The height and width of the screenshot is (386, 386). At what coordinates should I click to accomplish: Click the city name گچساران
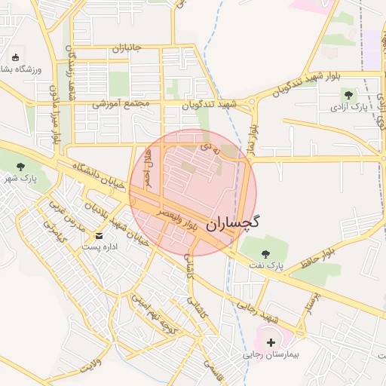[232, 222]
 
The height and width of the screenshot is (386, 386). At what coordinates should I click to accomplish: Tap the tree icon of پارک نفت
[265, 253]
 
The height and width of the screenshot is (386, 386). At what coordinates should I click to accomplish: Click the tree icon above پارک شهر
[20, 167]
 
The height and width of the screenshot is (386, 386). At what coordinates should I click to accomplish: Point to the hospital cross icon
[271, 342]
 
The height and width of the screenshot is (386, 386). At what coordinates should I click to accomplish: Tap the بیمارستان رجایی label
[271, 354]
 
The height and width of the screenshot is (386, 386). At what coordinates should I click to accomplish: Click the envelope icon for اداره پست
[100, 237]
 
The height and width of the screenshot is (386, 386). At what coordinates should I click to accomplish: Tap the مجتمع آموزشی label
[121, 103]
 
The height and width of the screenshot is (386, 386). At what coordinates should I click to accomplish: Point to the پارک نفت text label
[264, 266]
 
